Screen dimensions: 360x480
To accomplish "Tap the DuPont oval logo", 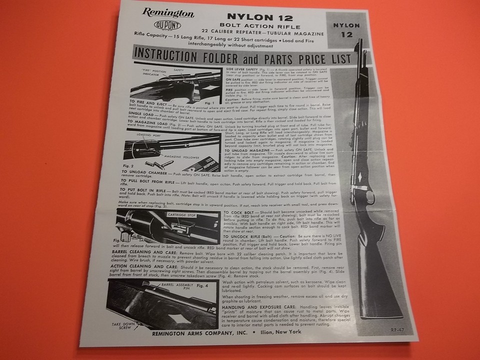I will click(164, 26).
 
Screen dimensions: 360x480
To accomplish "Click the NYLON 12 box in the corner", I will click(346, 29).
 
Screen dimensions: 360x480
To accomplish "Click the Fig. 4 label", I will click(203, 286).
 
